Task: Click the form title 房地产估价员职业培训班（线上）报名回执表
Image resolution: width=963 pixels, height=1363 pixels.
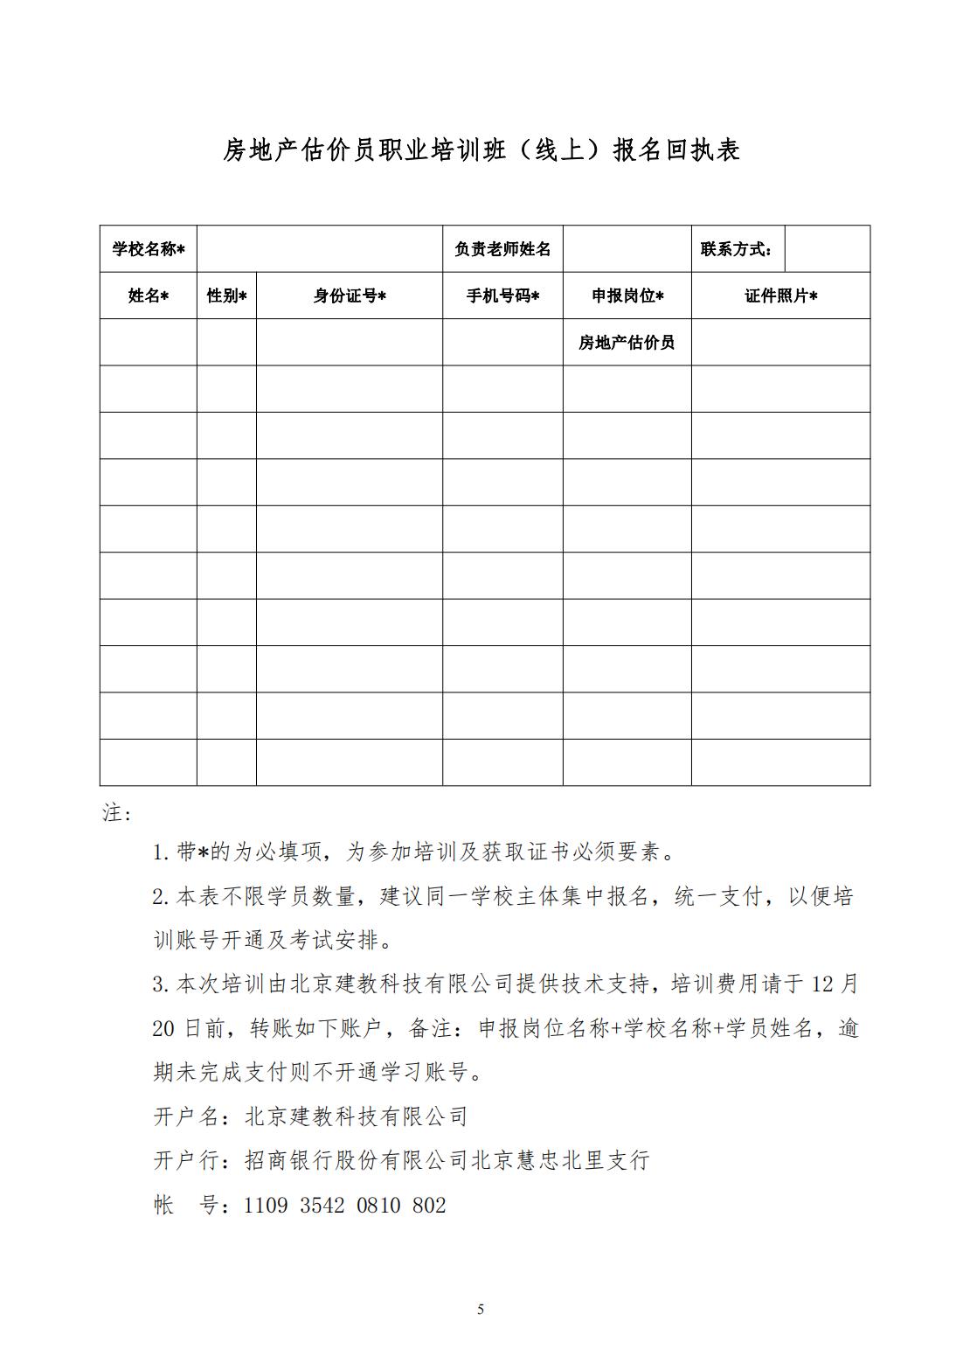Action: (481, 150)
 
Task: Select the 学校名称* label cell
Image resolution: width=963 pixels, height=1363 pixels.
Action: (148, 249)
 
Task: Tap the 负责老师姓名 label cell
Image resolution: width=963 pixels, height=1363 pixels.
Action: (502, 249)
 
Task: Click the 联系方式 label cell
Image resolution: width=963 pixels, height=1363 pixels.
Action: (737, 249)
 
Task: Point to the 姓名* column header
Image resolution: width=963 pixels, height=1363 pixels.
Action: (148, 296)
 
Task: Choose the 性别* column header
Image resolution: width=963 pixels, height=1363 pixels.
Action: (226, 296)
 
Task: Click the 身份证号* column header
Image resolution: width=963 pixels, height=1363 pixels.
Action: (350, 296)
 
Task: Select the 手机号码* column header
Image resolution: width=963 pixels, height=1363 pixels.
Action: (502, 296)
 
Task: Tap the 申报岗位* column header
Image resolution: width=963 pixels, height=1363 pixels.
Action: (627, 296)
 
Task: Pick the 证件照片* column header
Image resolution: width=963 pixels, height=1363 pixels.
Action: (780, 296)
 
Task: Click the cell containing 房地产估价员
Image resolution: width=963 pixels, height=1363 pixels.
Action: (627, 342)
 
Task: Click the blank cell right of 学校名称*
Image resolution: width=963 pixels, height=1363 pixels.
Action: (320, 249)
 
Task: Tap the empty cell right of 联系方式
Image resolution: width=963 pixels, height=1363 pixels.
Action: (828, 249)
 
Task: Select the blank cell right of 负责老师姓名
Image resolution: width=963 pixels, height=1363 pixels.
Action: (627, 249)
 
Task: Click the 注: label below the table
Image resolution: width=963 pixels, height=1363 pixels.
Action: (116, 813)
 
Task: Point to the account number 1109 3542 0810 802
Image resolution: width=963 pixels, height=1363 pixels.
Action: (344, 1206)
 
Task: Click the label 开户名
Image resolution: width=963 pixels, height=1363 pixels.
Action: (186, 1116)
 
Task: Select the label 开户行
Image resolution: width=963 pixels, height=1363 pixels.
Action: (186, 1161)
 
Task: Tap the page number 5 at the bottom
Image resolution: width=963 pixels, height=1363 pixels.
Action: (481, 1309)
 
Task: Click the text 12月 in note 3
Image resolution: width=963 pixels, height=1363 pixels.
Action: (835, 984)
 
